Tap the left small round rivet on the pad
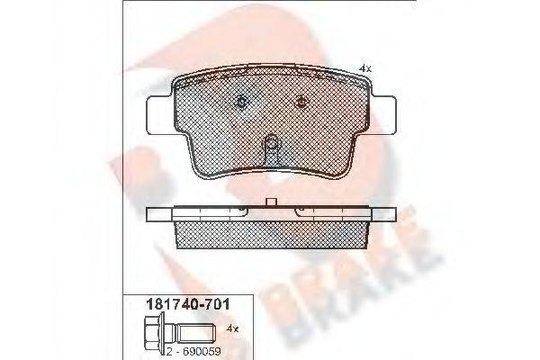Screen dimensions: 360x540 tap(240, 102)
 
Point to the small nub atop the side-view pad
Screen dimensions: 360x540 tap(271, 203)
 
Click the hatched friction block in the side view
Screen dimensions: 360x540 tap(271, 235)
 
